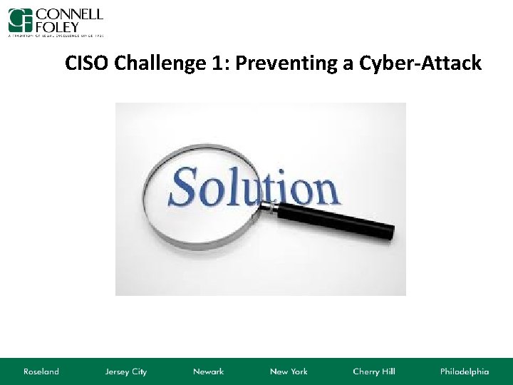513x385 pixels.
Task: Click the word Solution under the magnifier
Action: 254,188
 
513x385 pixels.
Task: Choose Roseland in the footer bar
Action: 41,371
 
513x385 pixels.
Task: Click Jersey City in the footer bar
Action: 125,371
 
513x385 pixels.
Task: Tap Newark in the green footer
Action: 208,371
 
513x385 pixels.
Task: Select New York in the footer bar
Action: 289,371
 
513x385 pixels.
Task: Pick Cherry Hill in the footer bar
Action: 373,371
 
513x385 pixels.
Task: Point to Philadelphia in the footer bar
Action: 464,371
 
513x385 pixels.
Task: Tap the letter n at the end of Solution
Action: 321,190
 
